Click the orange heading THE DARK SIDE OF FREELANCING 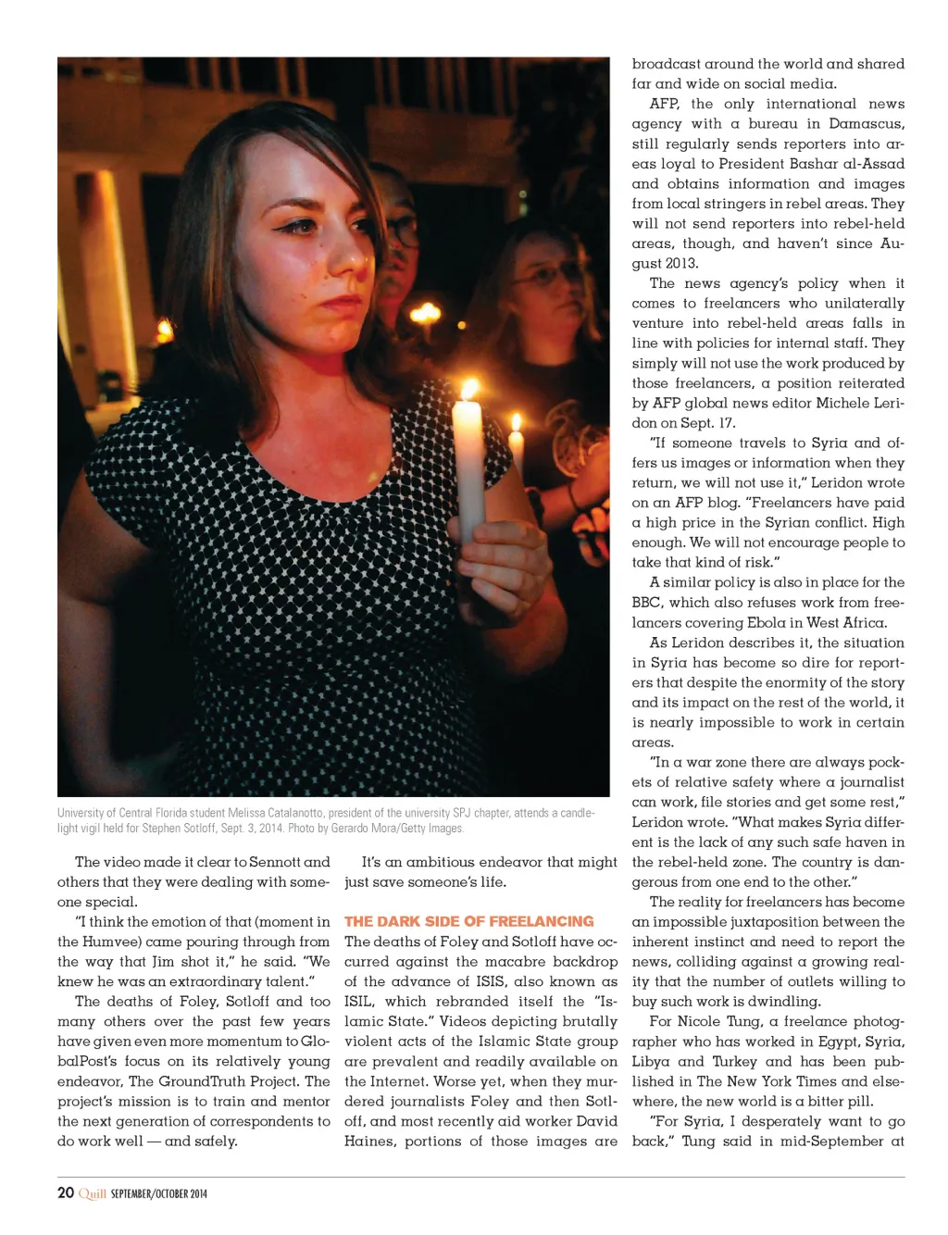(x=468, y=921)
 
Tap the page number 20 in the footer (x=66, y=1192)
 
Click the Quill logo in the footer (x=93, y=1193)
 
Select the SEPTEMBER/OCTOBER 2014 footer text (x=159, y=1194)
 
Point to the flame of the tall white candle (x=470, y=390)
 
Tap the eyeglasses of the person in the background (x=541, y=275)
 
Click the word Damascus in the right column (x=867, y=123)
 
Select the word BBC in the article (x=647, y=602)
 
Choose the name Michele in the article (x=839, y=403)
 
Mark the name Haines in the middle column (x=369, y=1141)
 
